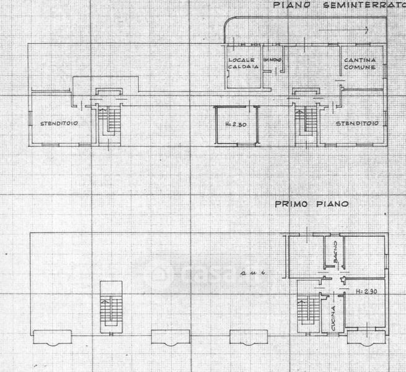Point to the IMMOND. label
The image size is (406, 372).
273,59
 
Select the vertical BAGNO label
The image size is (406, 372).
335,255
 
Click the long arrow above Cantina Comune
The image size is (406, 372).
342,30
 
